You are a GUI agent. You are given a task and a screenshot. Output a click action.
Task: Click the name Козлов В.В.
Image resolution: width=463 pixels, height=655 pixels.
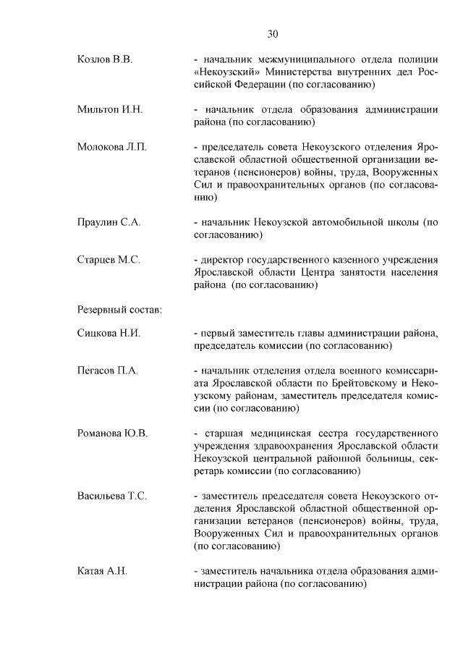(x=104, y=59)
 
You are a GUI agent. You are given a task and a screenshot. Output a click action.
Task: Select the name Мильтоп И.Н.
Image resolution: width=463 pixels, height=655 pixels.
(x=110, y=110)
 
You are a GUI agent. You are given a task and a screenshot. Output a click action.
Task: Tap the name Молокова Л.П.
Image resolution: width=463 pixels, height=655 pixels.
(x=111, y=148)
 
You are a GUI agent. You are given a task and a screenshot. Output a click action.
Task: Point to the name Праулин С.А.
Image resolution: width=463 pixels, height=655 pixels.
(x=109, y=222)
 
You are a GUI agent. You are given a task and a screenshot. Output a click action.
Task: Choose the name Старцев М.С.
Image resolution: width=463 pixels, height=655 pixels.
(x=109, y=259)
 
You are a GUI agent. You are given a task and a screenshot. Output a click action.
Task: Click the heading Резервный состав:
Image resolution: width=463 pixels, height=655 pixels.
(x=119, y=310)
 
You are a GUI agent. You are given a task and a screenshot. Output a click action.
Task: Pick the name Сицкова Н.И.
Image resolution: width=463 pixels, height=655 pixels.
(x=109, y=334)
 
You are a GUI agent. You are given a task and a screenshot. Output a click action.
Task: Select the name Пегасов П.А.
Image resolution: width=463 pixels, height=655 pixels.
(x=107, y=371)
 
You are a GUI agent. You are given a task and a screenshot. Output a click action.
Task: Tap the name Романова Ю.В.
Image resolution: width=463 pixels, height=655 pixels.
(x=112, y=434)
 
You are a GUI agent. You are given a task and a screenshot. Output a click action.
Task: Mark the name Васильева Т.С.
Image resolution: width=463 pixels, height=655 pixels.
(x=112, y=496)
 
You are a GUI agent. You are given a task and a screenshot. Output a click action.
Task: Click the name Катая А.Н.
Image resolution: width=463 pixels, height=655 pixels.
(x=102, y=571)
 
